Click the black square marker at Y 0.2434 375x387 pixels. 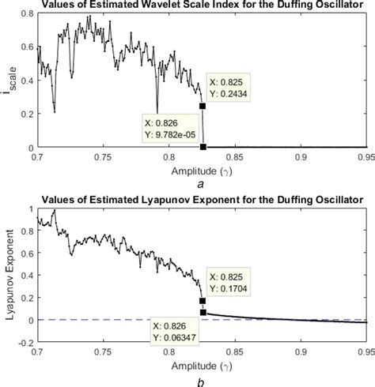click(203, 106)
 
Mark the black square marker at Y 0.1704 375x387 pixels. click(203, 300)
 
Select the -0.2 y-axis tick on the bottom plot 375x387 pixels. click(24, 344)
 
